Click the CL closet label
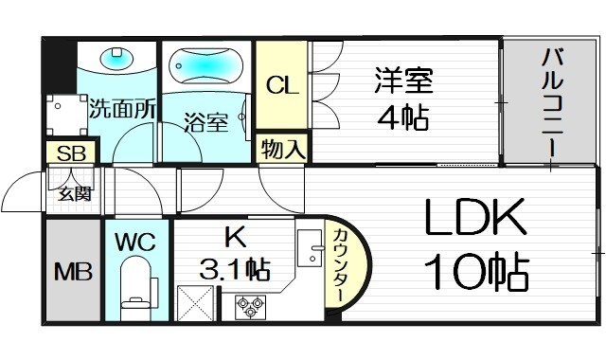point(282,86)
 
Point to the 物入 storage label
point(282,149)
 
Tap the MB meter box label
point(72,274)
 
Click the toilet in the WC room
point(137,284)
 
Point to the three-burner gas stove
point(250,304)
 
